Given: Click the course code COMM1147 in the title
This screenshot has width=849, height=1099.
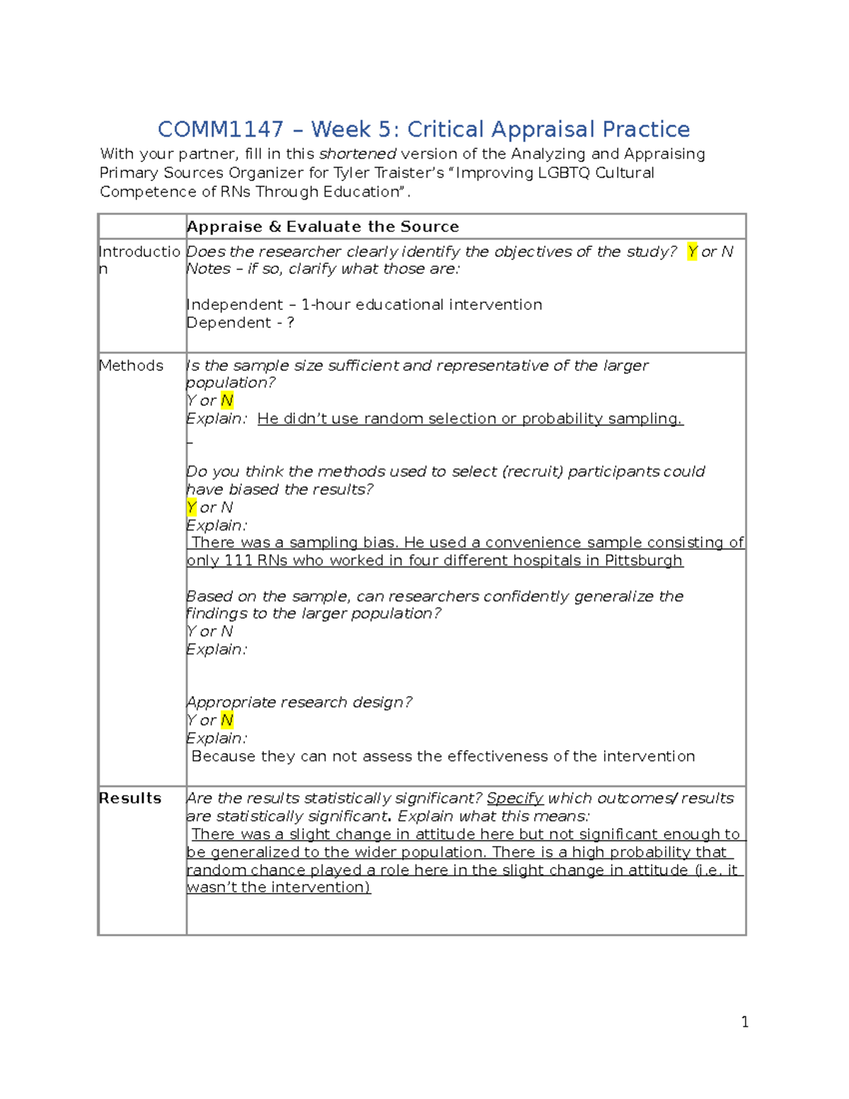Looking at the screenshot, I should click(x=220, y=130).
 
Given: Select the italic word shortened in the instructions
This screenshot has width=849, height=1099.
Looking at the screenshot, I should click(x=357, y=154).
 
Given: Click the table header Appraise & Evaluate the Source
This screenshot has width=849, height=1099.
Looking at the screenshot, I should click(x=323, y=227).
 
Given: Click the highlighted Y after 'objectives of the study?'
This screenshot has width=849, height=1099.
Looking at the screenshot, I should click(x=692, y=252).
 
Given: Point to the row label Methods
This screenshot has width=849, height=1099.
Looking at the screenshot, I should click(x=131, y=366).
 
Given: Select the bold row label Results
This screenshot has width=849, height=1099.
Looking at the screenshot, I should click(x=130, y=798).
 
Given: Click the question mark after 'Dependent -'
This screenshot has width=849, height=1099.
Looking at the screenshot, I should click(x=290, y=323).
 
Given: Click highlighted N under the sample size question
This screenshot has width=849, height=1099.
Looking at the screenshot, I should click(x=226, y=401).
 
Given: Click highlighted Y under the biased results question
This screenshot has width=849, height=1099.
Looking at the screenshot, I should click(x=191, y=507).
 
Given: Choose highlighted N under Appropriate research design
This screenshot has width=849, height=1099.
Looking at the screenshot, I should click(x=226, y=720).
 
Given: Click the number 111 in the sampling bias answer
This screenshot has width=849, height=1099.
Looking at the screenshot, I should click(x=238, y=561).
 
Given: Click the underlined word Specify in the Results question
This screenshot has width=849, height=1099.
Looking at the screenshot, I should click(x=515, y=798).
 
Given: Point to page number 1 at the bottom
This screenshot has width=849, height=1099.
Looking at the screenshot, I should click(x=744, y=1022).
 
